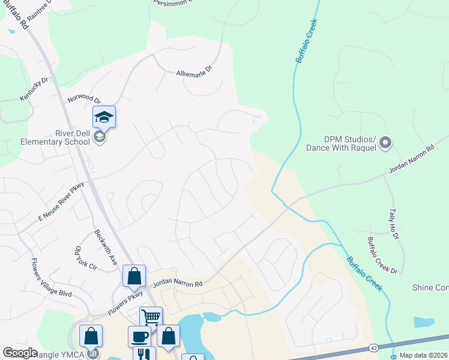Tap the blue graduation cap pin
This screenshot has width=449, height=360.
tap(104, 117)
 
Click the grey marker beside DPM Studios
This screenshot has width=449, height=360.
tap(385, 143)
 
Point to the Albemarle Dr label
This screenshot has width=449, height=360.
tap(194, 71)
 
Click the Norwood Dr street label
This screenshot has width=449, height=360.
tap(83, 98)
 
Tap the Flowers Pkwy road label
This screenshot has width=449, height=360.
tap(126, 304)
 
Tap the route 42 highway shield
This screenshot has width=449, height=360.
tap(373, 347)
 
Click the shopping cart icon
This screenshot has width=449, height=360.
tap(151, 316)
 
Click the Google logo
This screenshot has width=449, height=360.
tap(20, 353)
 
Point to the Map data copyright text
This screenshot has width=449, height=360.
tap(423, 355)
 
